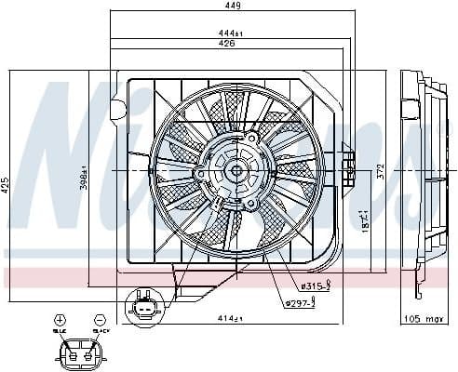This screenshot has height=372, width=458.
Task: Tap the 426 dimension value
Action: (226, 43)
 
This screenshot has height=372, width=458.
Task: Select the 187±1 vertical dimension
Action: (362, 221)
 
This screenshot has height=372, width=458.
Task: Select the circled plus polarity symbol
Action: (61, 319)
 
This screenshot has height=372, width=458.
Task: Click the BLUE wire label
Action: (61, 329)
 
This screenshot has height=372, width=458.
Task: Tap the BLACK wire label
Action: (100, 329)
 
